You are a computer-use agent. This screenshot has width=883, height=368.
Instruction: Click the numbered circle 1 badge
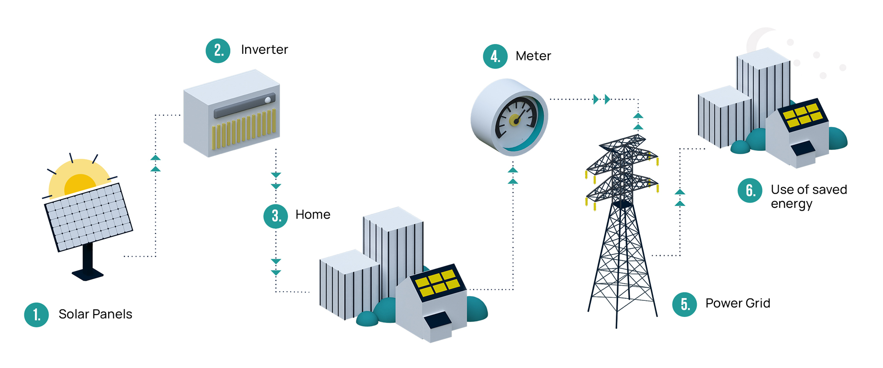(x=36, y=315)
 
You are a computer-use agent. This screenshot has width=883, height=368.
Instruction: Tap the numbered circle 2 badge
(x=218, y=51)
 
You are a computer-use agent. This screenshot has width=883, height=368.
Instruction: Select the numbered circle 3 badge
(x=275, y=216)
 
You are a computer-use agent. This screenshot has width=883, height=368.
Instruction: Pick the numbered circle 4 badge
(x=495, y=57)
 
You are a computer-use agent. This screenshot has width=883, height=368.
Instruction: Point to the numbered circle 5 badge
(x=685, y=304)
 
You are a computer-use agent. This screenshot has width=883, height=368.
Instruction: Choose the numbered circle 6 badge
(x=750, y=190)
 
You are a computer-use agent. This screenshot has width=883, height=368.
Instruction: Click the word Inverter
(x=264, y=50)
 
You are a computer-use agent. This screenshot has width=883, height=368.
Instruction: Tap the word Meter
(x=533, y=56)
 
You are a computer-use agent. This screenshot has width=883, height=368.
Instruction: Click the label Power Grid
(x=738, y=303)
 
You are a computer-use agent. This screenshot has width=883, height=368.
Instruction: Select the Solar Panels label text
(x=95, y=314)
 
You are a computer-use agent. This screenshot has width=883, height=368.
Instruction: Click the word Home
(x=313, y=214)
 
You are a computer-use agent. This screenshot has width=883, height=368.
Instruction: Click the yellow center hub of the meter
(x=515, y=121)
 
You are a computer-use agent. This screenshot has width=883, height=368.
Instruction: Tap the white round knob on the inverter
(x=268, y=100)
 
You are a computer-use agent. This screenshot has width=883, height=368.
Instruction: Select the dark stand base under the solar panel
(x=87, y=275)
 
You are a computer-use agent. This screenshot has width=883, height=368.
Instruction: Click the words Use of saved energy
(x=808, y=196)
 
